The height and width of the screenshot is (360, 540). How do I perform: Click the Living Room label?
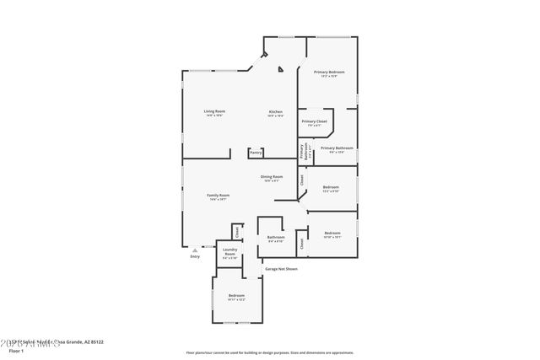[x=213, y=111]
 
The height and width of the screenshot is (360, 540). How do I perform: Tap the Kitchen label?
[x=275, y=111]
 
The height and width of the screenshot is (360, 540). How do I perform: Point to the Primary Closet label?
[x=314, y=121]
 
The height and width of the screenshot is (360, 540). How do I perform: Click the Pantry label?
[x=256, y=153]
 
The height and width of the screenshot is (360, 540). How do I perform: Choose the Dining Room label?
[x=271, y=176]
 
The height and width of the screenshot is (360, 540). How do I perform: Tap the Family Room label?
[x=219, y=195]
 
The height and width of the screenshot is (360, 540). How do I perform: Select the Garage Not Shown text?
[x=281, y=269]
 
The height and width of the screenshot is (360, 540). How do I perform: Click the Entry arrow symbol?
[x=195, y=250]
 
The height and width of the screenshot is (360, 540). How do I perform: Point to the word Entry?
[x=195, y=256]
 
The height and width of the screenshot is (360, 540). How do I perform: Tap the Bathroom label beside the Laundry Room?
[x=276, y=237]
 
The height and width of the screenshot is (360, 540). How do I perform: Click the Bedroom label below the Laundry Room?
[x=236, y=295]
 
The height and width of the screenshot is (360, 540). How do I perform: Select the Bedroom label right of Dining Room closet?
[x=331, y=186]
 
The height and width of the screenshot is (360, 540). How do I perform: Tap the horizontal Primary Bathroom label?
[x=337, y=148]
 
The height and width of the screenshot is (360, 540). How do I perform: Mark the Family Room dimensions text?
[x=219, y=200]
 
